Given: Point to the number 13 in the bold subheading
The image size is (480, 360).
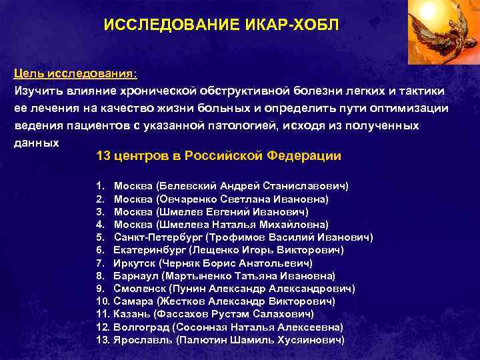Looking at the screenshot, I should point(103,156).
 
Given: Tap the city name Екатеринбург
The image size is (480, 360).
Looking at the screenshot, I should point(150,250).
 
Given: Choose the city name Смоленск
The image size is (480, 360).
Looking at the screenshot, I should point(139,288).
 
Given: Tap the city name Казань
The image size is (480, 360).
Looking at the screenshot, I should point(131,313).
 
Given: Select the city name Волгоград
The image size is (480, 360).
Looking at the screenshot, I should point(141,327).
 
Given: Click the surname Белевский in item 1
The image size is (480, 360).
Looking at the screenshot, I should point(183,186).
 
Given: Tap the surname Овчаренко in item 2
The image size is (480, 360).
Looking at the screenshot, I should point(185,199).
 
